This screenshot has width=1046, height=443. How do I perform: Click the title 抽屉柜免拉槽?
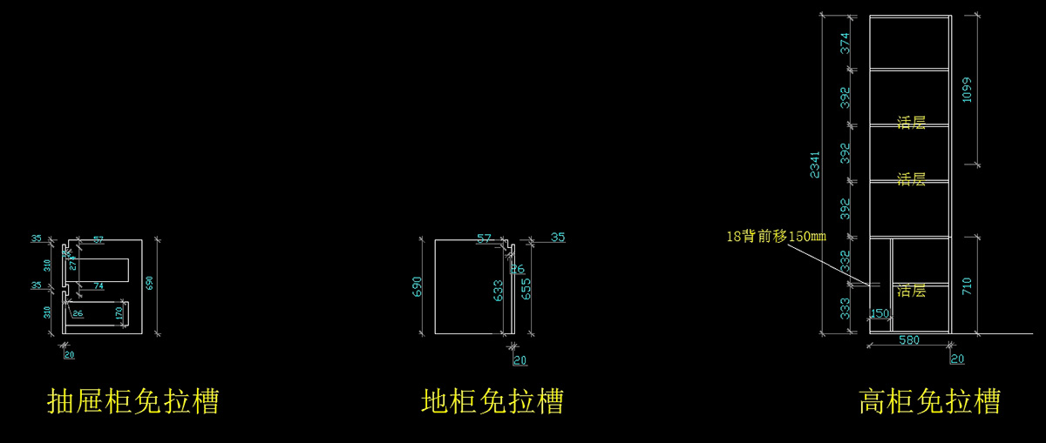(132, 401)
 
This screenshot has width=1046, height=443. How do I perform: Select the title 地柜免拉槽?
(492, 401)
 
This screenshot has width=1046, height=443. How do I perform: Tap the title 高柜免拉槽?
(929, 401)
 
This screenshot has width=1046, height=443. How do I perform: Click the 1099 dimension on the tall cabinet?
(966, 89)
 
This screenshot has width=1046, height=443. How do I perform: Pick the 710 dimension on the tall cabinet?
(966, 285)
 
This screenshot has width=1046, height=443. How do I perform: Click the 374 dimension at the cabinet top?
(844, 44)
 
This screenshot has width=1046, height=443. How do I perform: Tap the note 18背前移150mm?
(775, 236)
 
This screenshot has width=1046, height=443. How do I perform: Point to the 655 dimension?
(526, 288)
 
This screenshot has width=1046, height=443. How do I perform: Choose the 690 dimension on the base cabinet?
(417, 285)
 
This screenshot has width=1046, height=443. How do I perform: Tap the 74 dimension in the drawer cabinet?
(98, 285)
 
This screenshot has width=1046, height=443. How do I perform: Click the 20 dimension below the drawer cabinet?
(69, 354)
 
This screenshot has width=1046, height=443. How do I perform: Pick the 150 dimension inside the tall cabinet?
(880, 313)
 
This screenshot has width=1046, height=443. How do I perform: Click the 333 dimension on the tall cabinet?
(844, 309)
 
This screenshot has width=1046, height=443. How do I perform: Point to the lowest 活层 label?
(911, 291)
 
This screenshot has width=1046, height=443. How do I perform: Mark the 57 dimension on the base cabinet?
(486, 238)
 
